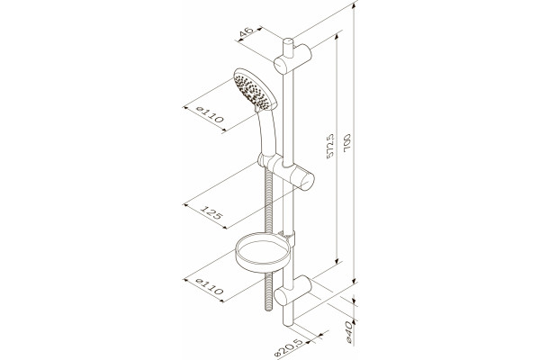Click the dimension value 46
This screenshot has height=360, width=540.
pos(247,31)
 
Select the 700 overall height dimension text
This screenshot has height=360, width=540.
pos(346,141)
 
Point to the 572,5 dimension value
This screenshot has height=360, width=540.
pos(330,146)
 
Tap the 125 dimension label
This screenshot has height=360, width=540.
pos(211,212)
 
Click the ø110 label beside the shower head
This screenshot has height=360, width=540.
pos(210,114)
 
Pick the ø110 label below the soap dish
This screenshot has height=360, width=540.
pos(210,286)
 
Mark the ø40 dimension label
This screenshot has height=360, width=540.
pos(350,331)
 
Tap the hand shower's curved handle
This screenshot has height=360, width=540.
pos(268,132)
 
